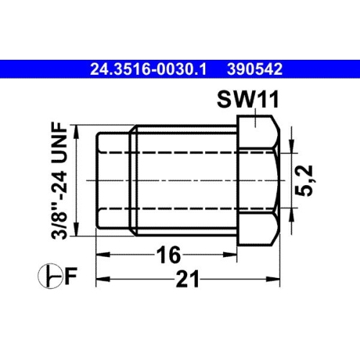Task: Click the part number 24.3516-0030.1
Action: [x=148, y=70]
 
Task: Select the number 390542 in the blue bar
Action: [x=253, y=70]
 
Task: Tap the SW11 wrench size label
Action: [x=243, y=99]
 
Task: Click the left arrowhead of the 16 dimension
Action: [x=102, y=254]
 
